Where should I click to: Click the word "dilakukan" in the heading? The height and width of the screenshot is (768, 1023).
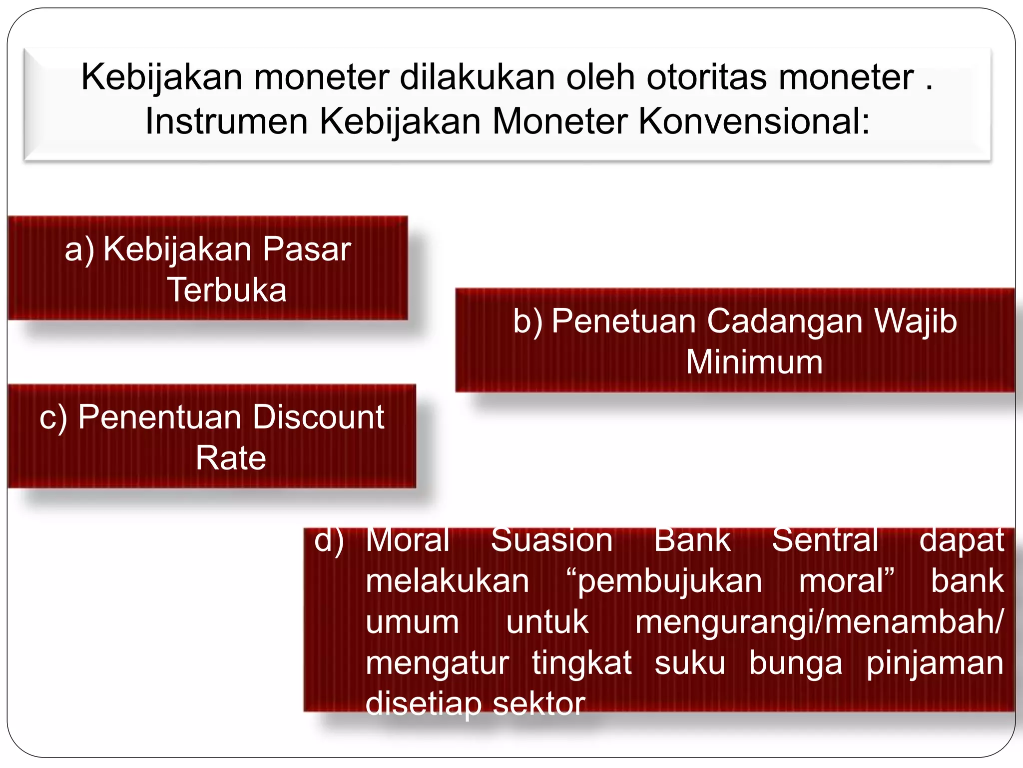477,77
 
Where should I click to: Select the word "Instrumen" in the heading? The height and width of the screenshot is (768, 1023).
226,121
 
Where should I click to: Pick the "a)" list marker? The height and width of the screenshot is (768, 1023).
79,249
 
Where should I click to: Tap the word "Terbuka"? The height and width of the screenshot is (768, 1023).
227,290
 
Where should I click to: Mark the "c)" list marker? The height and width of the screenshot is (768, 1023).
53,417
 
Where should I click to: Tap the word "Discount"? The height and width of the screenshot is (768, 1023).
318,417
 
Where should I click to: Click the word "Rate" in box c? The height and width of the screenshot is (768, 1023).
231,458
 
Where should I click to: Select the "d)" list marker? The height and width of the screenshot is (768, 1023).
329,541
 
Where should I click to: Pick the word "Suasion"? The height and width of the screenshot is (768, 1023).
551,540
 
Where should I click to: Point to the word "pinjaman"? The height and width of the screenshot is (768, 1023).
935,663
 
